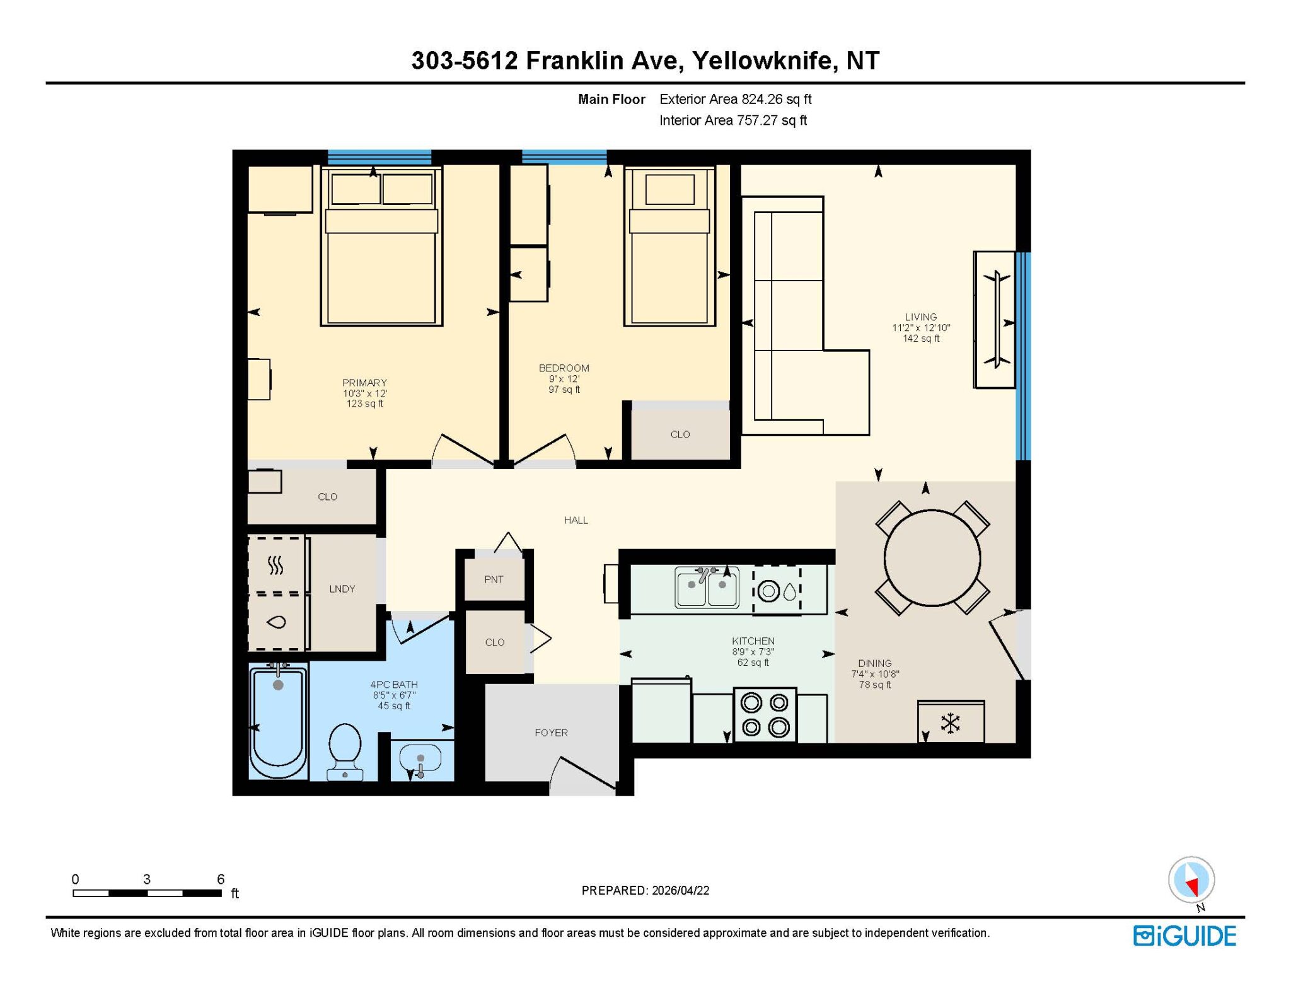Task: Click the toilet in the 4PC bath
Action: tap(345, 751)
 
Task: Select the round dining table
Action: tap(932, 558)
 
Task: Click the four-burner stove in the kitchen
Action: tap(765, 715)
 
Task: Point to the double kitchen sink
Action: tap(707, 587)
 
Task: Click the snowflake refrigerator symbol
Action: tap(950, 722)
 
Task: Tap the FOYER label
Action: tap(551, 733)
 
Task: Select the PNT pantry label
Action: tap(494, 579)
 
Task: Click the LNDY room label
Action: tap(342, 589)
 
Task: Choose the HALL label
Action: tap(576, 520)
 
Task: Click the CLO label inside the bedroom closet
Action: tap(680, 434)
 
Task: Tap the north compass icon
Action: tap(1191, 880)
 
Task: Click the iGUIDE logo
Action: tap(1184, 936)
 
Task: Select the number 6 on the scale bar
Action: tap(221, 879)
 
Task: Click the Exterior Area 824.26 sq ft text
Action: tap(735, 99)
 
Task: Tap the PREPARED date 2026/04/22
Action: tap(680, 890)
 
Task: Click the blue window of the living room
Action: tap(1023, 356)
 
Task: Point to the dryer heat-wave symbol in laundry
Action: tap(275, 565)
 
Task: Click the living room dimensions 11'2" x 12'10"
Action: tap(921, 328)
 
